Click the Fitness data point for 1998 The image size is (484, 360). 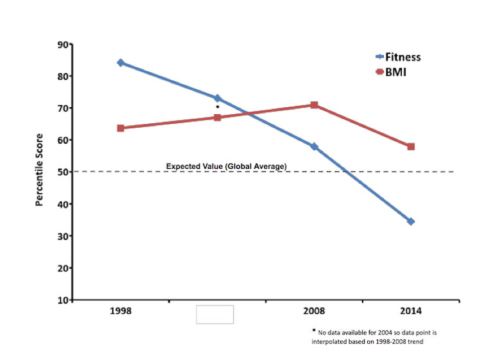121,63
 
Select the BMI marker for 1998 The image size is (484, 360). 121,128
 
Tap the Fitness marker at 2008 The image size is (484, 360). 314,146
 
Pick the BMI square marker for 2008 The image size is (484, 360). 314,105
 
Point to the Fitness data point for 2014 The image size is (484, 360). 411,221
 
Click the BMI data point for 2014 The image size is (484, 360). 411,146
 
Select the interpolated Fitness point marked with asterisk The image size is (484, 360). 217,98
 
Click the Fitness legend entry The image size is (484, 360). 398,57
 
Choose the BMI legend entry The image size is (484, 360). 392,72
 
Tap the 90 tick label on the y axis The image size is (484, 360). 63,44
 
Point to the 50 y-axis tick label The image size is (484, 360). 63,172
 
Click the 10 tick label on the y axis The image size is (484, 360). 63,300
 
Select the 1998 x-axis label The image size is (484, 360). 121,312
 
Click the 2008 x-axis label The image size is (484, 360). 314,312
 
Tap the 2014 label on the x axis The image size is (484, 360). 411,312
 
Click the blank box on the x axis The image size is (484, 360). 215,314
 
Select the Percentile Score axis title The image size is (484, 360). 40,169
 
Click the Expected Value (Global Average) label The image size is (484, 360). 226,167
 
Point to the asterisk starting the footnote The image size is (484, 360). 314,331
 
